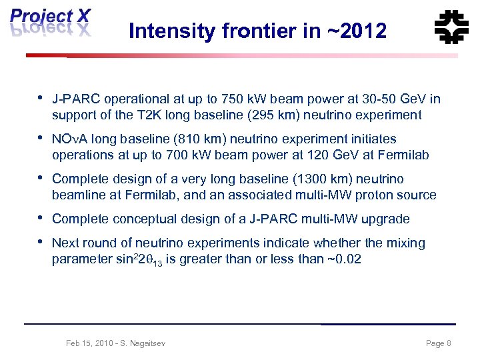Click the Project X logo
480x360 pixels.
point(51,24)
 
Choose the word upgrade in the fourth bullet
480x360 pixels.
point(387,219)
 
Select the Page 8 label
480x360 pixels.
point(438,343)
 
